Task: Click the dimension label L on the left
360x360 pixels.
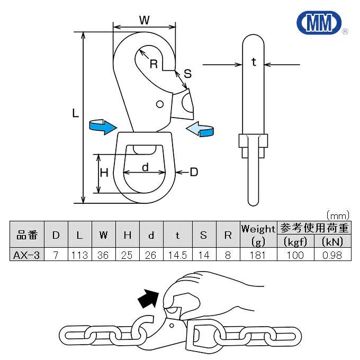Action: point(75,113)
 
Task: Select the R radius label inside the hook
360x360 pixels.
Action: point(154,65)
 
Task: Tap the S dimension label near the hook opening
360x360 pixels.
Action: point(187,74)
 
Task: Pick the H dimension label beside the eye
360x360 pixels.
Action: point(104,173)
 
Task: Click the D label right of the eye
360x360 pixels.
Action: point(193,172)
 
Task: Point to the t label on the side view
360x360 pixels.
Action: point(254,62)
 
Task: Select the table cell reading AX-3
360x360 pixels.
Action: point(26,255)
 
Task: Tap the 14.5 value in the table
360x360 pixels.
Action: point(177,255)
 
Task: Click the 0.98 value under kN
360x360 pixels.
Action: point(331,255)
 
